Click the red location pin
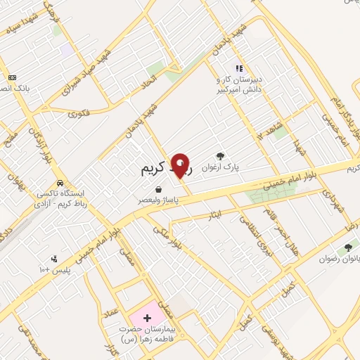[181, 166]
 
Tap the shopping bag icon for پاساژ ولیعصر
[160, 188]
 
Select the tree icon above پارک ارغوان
[221, 156]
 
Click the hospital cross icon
[147, 319]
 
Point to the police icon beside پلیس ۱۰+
[55, 259]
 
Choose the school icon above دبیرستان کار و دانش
[239, 69]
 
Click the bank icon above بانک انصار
[12, 77]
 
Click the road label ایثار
[217, 212]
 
